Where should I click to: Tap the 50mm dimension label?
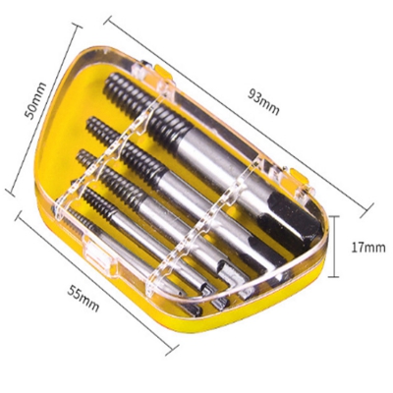click(35, 101)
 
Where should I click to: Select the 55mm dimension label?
click(84, 298)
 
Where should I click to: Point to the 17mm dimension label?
click(368, 248)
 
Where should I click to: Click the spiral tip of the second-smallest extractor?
click(96, 201)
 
